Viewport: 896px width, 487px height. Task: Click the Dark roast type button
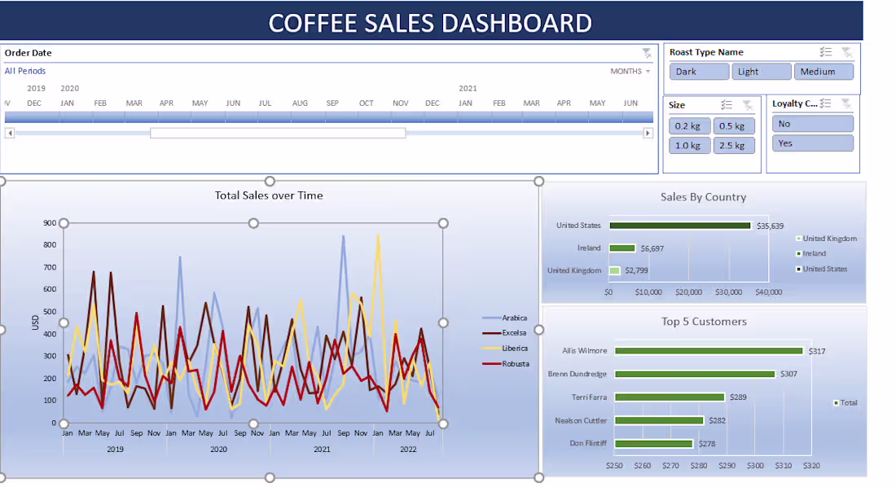698,72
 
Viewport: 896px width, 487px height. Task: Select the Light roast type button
761,72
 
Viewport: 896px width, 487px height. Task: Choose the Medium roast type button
824,72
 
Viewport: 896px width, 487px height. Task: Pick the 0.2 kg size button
689,126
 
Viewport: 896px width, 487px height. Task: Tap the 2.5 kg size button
733,146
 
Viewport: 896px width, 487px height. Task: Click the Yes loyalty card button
812,143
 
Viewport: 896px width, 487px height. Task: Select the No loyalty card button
812,124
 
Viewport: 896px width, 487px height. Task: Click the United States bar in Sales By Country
679,226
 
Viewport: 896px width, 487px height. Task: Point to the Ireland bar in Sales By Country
622,248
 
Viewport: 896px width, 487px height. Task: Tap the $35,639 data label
771,226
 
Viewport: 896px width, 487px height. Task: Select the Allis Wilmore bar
709,351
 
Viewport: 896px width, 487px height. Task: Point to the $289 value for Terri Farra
738,397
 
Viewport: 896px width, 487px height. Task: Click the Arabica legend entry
514,318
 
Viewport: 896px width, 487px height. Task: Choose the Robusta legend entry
514,363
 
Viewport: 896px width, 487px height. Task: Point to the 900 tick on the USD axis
50,223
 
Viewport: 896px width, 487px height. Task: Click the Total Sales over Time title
269,195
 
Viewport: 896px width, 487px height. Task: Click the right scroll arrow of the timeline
648,133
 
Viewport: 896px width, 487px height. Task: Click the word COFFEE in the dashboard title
312,23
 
